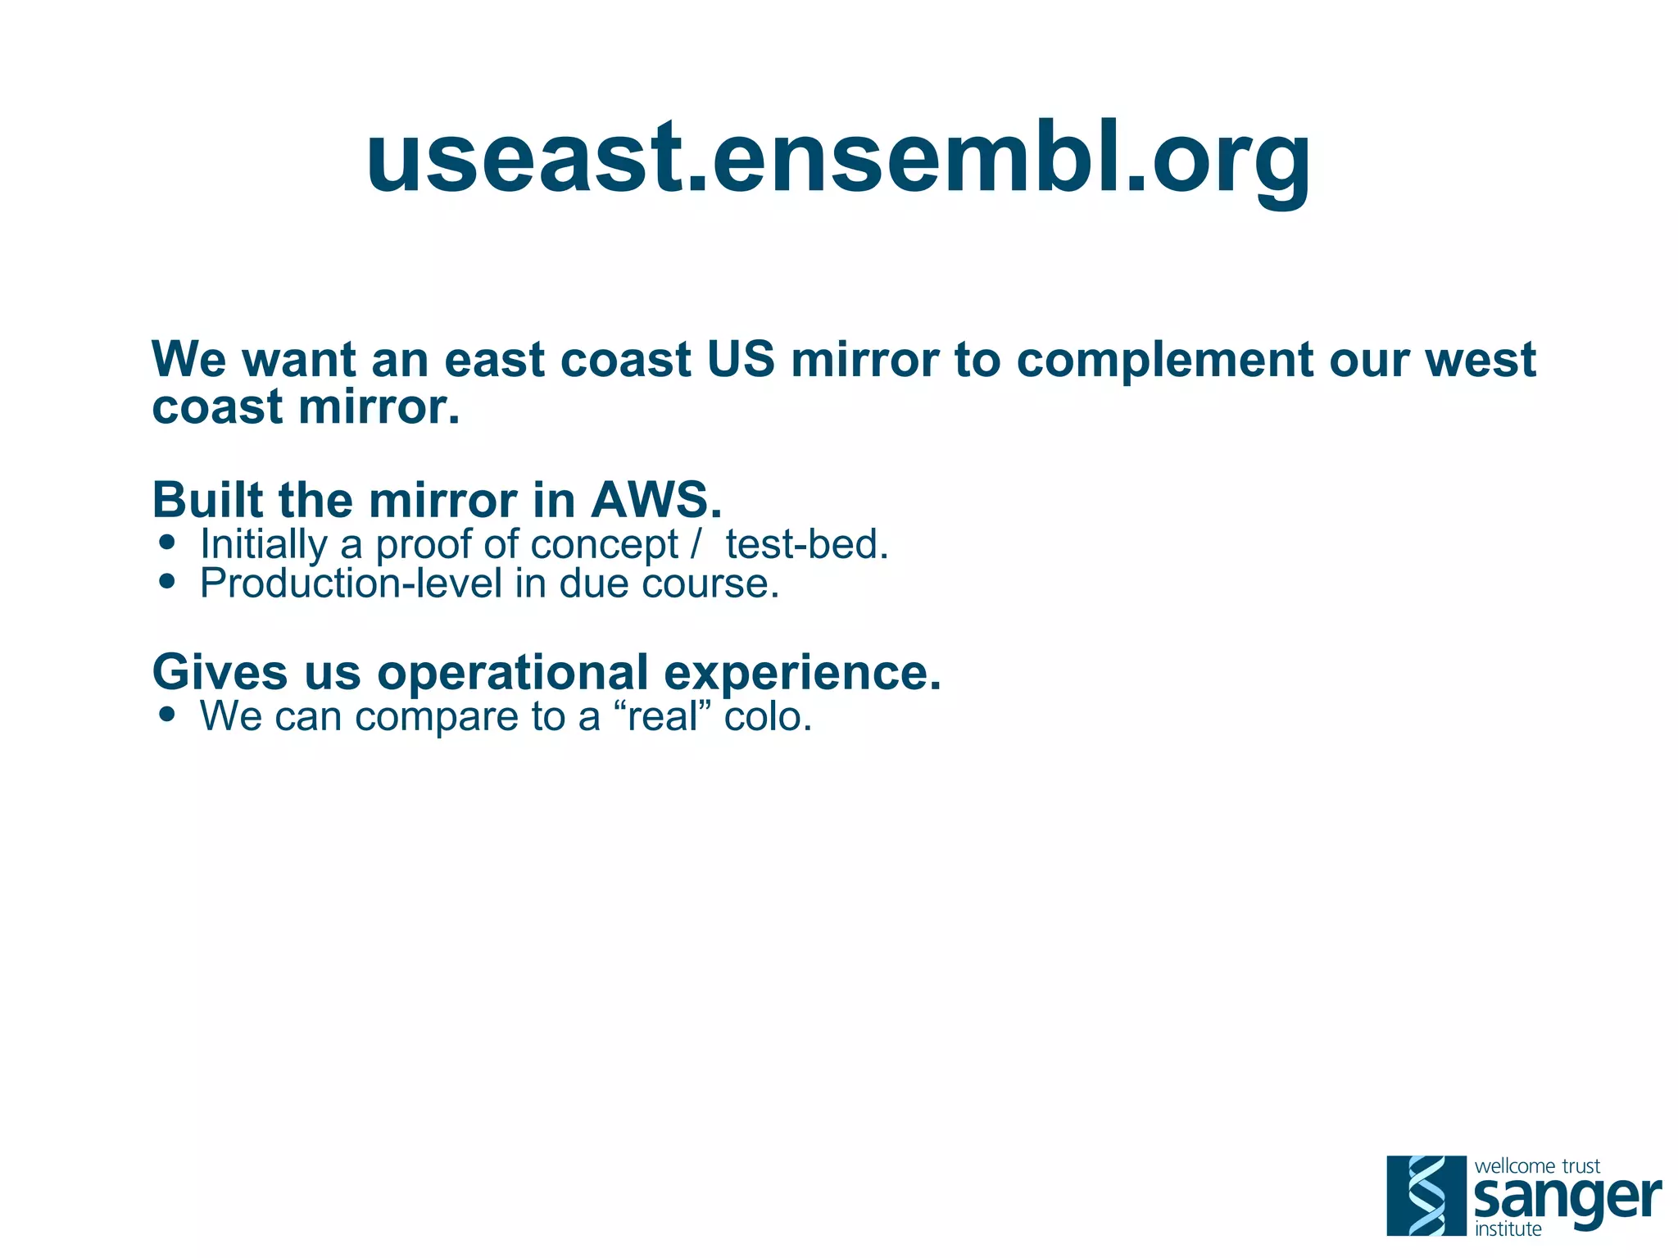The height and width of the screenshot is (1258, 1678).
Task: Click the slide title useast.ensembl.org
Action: (838, 157)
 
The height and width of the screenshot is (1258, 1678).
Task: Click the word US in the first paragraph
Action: (741, 360)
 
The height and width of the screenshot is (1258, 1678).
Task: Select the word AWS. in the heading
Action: (656, 500)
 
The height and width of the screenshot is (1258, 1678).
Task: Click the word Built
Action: (208, 500)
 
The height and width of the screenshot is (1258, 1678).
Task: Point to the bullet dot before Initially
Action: (168, 543)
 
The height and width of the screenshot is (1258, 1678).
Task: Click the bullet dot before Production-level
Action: (168, 581)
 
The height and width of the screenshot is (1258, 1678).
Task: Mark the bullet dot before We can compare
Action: (168, 714)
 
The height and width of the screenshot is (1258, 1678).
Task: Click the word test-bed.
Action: (807, 544)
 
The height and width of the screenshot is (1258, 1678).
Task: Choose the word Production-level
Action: (351, 584)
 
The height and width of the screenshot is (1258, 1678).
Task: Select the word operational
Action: (513, 674)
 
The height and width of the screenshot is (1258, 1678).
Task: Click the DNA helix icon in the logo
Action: (1426, 1195)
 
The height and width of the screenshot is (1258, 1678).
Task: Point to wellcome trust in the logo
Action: (1536, 1166)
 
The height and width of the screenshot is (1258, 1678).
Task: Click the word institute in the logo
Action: (1508, 1229)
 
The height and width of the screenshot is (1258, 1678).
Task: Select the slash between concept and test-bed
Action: (696, 544)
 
